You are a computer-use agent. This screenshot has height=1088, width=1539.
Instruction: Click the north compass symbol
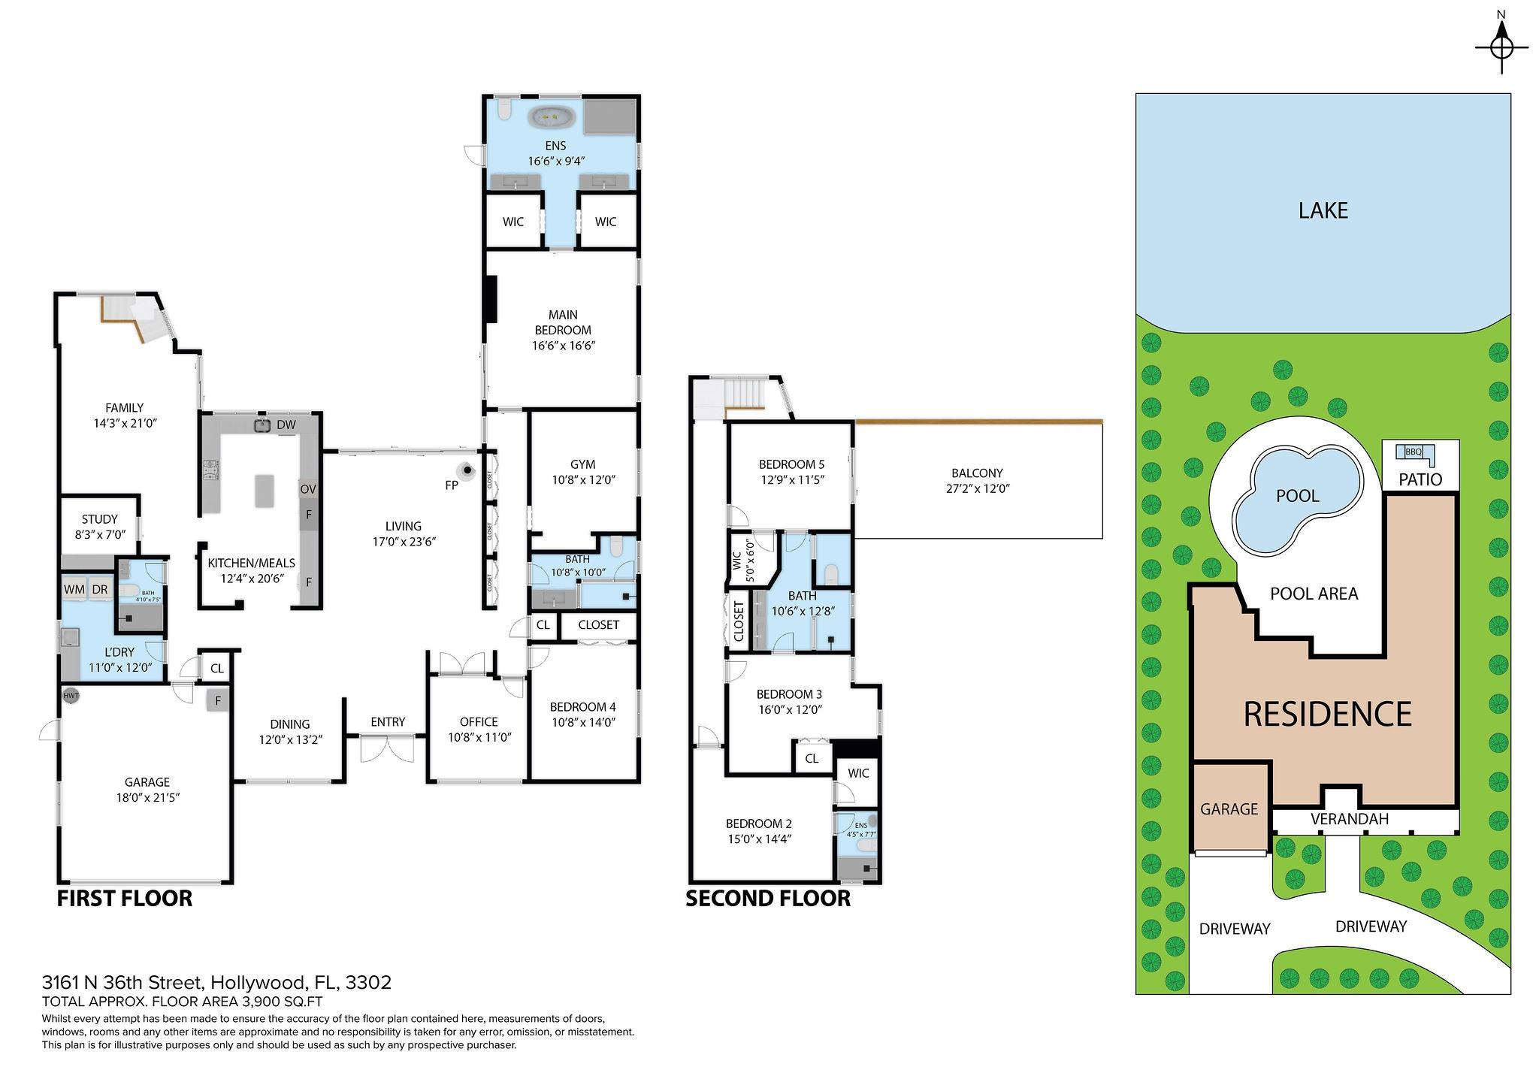[x=1501, y=47]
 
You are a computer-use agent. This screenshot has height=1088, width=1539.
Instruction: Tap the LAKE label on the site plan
[x=1323, y=210]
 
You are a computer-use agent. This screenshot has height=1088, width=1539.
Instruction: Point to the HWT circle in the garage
[x=71, y=696]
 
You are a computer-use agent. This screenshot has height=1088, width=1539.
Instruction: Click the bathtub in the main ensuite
[x=552, y=117]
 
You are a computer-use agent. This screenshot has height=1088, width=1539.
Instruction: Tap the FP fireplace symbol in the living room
[x=468, y=471]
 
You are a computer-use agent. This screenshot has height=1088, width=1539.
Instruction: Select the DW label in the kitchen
[x=286, y=425]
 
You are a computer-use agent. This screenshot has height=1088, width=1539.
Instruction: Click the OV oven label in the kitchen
[x=308, y=489]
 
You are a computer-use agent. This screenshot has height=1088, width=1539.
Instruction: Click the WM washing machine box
[x=74, y=590]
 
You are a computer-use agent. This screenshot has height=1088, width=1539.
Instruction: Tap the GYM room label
[x=582, y=464]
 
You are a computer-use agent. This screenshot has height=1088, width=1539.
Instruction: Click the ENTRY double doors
[x=387, y=749]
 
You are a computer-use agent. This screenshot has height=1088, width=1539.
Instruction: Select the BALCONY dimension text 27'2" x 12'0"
[x=977, y=488]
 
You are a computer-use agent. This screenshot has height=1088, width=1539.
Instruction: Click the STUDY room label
[x=99, y=519]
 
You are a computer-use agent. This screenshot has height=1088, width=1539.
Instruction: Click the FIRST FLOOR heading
[x=125, y=898]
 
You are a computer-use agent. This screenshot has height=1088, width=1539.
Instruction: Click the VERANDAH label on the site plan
[x=1349, y=819]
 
